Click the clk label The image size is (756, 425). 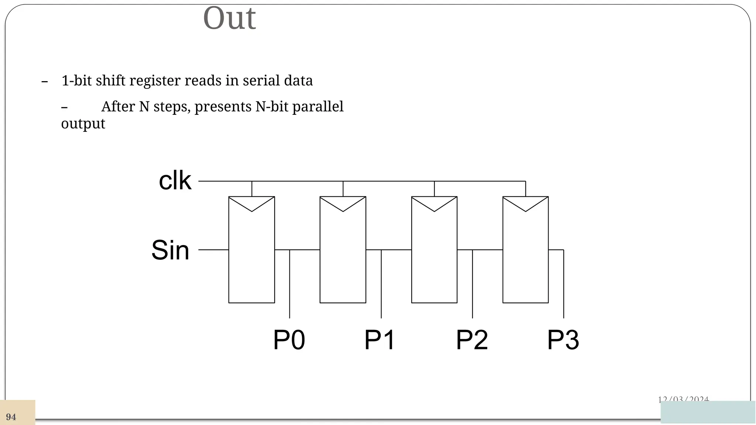point(175,181)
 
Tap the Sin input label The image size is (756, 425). point(171,250)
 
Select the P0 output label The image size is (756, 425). point(289,340)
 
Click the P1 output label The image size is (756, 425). point(380,340)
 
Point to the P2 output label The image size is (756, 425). point(472,340)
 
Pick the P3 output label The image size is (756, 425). point(563,340)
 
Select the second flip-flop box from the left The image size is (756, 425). point(343,258)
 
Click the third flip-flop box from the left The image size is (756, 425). point(434,258)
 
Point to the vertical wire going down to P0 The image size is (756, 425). point(290,284)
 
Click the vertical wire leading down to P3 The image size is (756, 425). point(564,284)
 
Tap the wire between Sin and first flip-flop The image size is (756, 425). point(213,250)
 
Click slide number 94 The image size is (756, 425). point(11,417)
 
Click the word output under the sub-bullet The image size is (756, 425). point(83,124)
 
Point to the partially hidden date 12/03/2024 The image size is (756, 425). point(683,399)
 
